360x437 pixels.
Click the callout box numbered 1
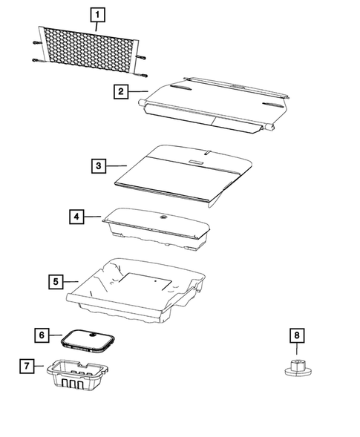coord(98,14)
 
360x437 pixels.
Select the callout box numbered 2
coord(120,92)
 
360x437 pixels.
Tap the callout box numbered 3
coord(98,166)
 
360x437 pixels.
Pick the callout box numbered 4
coord(76,217)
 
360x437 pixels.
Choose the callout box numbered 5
coord(56,281)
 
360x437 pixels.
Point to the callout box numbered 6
coord(42,335)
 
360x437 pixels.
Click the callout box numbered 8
coord(296,335)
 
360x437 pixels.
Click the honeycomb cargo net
coord(87,48)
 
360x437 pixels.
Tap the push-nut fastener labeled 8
coord(297,367)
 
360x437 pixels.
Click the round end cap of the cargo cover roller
coord(273,128)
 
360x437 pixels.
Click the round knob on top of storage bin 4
coord(162,217)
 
